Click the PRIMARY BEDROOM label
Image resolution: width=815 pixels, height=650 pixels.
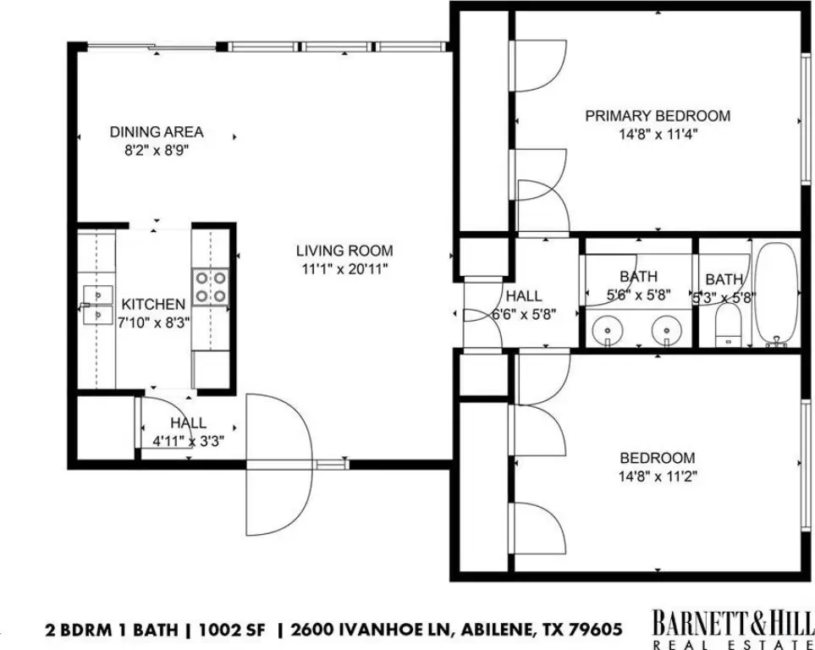658,115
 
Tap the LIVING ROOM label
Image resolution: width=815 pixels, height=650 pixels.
344,251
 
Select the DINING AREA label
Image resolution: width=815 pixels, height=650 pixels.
157,131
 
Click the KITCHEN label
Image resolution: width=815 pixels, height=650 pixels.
153,304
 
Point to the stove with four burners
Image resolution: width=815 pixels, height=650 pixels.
211,287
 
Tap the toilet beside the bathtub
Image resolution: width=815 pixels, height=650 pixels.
730,325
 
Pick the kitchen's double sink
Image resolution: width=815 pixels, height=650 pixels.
97,305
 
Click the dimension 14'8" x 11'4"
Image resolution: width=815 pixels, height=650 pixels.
658,135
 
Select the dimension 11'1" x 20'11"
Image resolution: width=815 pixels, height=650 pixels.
344,269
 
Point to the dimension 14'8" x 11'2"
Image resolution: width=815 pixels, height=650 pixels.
658,476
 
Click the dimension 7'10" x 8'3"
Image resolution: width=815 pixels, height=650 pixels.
153,322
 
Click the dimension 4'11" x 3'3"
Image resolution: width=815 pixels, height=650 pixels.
188,442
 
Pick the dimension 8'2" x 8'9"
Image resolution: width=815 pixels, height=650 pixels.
157,151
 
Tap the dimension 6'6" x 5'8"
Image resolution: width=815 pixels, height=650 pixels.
524,314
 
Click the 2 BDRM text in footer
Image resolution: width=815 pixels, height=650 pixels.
78,631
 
